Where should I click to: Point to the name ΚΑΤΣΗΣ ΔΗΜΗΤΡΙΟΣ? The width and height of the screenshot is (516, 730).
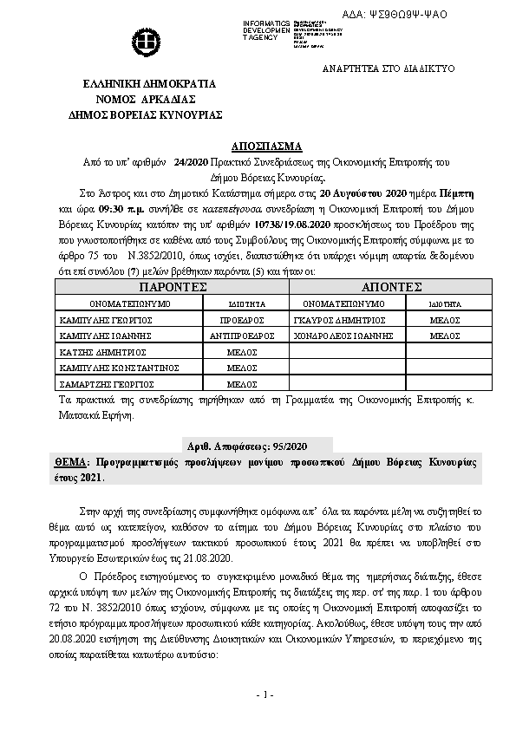(x=100, y=351)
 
